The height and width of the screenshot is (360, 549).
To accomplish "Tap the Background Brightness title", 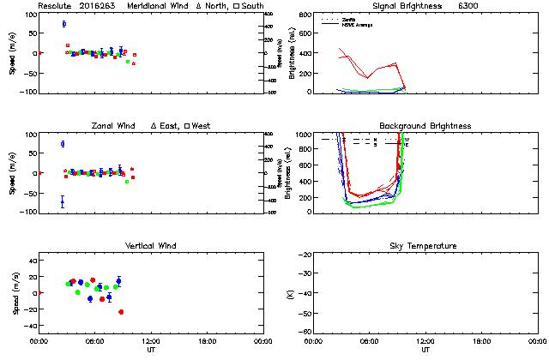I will pyautogui.click(x=425, y=126).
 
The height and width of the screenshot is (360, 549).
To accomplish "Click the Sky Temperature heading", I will pyautogui.click(x=425, y=246).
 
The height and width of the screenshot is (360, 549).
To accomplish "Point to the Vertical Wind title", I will pyautogui.click(x=150, y=246).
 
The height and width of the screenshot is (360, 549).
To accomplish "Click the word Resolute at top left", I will pyautogui.click(x=55, y=6).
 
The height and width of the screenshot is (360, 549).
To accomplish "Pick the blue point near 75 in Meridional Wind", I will pyautogui.click(x=63, y=24).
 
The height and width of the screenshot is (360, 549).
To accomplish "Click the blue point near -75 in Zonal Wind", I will pyautogui.click(x=63, y=202).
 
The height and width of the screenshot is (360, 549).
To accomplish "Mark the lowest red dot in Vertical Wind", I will pyautogui.click(x=121, y=312).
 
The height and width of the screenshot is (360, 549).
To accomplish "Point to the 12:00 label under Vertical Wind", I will pyautogui.click(x=150, y=341).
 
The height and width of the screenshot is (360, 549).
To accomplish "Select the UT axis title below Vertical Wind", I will pyautogui.click(x=150, y=350).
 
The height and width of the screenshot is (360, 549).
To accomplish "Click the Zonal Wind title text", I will pyautogui.click(x=118, y=126).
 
